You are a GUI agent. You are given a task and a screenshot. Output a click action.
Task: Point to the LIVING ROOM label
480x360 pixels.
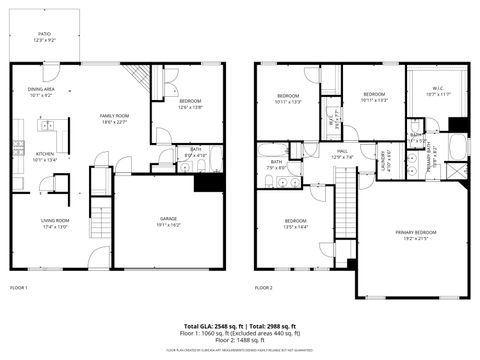[55, 222]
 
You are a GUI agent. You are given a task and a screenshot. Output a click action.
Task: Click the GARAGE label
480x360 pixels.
[168, 221]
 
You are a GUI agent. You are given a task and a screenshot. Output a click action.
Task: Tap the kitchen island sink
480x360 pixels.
[47, 127]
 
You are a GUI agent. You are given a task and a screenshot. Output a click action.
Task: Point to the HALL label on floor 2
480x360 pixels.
[343, 153]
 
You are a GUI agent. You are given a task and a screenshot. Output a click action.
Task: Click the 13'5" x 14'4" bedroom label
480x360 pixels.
[295, 223]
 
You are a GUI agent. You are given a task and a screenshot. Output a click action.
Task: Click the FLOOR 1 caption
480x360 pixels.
[19, 287]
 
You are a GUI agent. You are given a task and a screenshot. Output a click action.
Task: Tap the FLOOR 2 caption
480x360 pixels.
[263, 287]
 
